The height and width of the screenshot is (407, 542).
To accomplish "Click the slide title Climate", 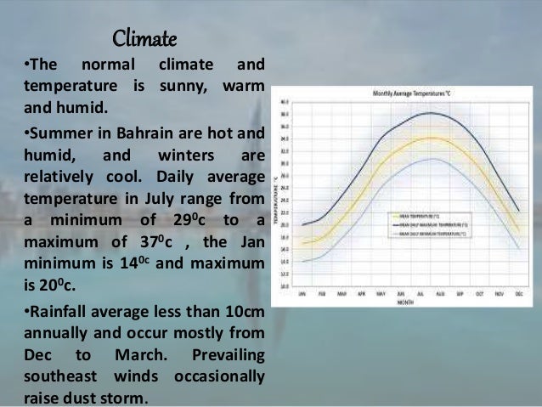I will (x=144, y=39).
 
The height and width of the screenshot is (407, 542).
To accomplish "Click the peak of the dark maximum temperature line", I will (x=432, y=113).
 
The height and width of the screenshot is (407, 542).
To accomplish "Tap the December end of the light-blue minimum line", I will (x=518, y=247).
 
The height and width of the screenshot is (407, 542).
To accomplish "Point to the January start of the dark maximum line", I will (x=303, y=225).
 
